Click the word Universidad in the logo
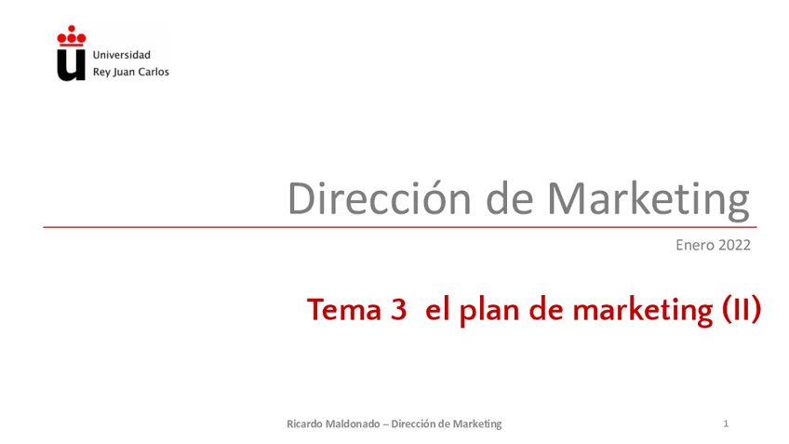point(122,55)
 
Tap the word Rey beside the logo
point(101,72)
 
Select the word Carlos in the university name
point(154,72)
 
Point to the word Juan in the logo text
point(125,72)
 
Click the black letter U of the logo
point(71,65)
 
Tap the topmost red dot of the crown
point(72,29)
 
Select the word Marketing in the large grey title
point(649,201)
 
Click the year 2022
point(735,245)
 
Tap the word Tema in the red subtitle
point(344,309)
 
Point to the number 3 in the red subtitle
point(398,309)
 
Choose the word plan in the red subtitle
point(489,311)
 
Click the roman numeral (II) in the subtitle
point(742,310)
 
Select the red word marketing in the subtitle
point(643,311)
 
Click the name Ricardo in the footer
point(304,424)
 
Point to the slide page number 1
point(726,424)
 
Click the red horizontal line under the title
point(400,227)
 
